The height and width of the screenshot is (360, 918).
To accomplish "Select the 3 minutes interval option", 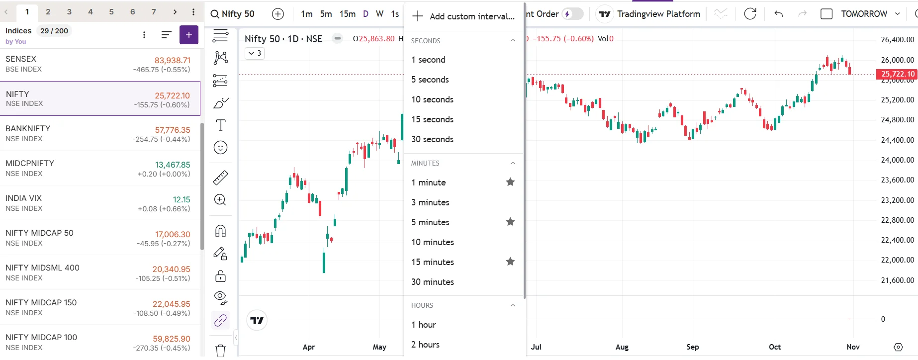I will click(430, 202).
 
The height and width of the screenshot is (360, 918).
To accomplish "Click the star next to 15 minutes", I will click(510, 262).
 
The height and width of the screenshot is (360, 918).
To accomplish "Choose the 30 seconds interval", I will click(432, 139).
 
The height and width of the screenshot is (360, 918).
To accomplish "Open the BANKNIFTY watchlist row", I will click(99, 133).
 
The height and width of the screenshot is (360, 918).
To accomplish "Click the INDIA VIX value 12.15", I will click(181, 199).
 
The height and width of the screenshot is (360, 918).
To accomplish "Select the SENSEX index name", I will click(21, 59).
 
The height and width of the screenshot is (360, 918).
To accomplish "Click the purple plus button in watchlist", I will click(188, 35).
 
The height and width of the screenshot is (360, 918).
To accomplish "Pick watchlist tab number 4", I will click(90, 12).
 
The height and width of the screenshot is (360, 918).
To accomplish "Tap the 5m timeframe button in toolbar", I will click(326, 14).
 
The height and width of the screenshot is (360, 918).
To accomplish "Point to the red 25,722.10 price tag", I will click(897, 74).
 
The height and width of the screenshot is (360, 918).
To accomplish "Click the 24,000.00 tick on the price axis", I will click(897, 160).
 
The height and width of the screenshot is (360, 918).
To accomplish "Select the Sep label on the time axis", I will click(692, 347).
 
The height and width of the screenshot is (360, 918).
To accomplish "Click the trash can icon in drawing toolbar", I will click(220, 350).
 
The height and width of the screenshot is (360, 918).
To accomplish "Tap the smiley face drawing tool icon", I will click(220, 148).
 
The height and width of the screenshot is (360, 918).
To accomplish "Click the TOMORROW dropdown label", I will click(864, 14).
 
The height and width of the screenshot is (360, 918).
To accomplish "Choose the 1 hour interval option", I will click(424, 325).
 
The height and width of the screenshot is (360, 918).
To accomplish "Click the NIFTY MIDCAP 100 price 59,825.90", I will click(171, 339).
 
